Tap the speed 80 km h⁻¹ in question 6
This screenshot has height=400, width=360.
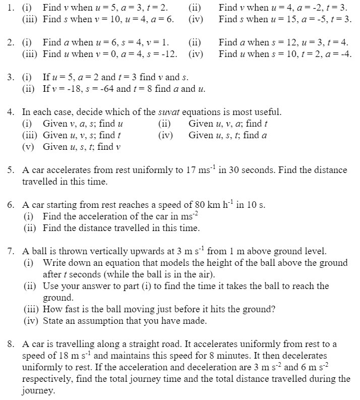(211, 205)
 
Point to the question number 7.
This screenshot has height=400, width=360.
(11, 251)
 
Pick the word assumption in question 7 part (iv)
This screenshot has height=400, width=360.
(89, 320)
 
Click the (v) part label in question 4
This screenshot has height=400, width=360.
(28, 147)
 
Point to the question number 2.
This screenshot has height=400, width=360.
(11, 42)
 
